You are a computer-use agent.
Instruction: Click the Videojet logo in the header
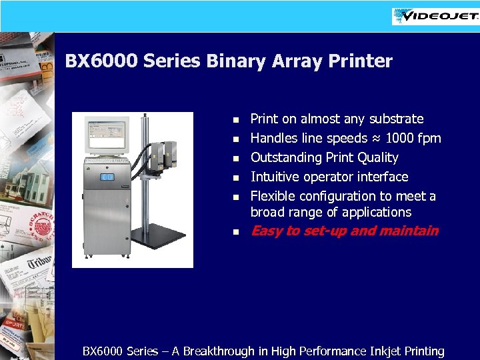pos(436,16)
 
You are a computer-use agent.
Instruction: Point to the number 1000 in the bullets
pos(400,138)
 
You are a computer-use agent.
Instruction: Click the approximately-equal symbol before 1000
pos(377,139)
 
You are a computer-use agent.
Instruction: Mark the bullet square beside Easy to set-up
pos(235,232)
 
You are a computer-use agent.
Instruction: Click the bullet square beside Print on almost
pos(235,120)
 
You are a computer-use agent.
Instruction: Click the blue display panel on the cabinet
pos(107,177)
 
